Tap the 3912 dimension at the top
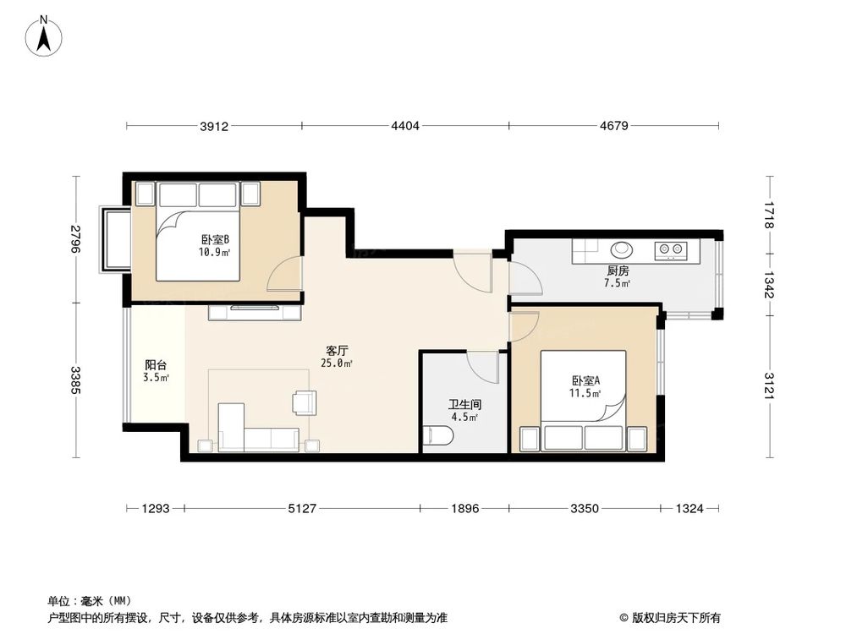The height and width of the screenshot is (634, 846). point(215,127)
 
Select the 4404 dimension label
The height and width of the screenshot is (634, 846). point(405,127)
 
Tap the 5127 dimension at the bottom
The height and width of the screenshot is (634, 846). point(302,509)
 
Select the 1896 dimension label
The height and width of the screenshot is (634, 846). point(464,509)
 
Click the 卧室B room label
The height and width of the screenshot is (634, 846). point(215,239)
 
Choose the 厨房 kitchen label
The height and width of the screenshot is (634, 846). point(618,271)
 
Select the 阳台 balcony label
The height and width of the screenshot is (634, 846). point(156,366)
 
